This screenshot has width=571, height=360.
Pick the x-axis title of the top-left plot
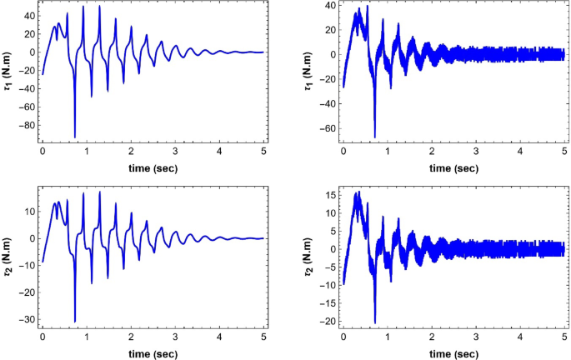click(152, 167)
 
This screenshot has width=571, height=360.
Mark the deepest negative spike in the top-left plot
click(75, 137)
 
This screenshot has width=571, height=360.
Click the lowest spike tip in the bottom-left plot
click(75, 322)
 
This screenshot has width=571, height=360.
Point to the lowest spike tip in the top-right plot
click(375, 137)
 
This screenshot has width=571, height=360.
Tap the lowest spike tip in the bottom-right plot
click(375, 322)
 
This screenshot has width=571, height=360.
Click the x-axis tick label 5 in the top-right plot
click(563, 154)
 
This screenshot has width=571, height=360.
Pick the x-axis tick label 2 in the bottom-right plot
click(431, 340)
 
